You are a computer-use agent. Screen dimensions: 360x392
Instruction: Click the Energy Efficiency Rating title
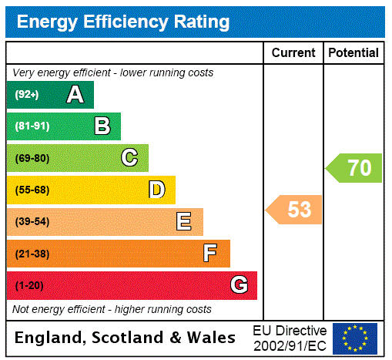[123, 22]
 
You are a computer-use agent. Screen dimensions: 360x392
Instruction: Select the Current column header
[293, 53]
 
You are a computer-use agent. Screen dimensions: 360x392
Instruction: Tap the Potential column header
[353, 53]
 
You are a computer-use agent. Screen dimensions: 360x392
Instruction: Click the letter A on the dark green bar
[75, 95]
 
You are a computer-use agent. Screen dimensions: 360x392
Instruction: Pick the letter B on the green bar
[102, 126]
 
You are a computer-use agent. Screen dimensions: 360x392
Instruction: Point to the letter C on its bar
[129, 158]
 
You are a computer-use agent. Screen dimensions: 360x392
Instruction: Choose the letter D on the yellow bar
[156, 190]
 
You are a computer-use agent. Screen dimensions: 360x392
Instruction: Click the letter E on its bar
[184, 222]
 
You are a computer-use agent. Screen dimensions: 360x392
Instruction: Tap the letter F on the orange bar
[210, 254]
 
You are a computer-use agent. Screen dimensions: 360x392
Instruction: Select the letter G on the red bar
[239, 285]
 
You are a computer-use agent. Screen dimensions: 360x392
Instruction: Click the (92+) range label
[27, 95]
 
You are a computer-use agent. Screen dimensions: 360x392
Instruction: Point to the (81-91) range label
[32, 126]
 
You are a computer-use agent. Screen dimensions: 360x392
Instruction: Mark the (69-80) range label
[32, 158]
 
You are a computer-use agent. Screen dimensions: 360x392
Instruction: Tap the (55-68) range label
[32, 190]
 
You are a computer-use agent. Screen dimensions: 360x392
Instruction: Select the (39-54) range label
[32, 222]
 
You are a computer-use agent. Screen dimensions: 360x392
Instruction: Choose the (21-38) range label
[32, 254]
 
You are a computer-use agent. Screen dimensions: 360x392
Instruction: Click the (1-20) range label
[29, 285]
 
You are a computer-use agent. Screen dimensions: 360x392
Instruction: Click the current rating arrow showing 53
[295, 209]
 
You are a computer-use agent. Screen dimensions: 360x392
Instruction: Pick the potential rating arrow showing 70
[354, 167]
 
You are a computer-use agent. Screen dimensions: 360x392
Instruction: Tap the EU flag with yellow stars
[355, 338]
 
